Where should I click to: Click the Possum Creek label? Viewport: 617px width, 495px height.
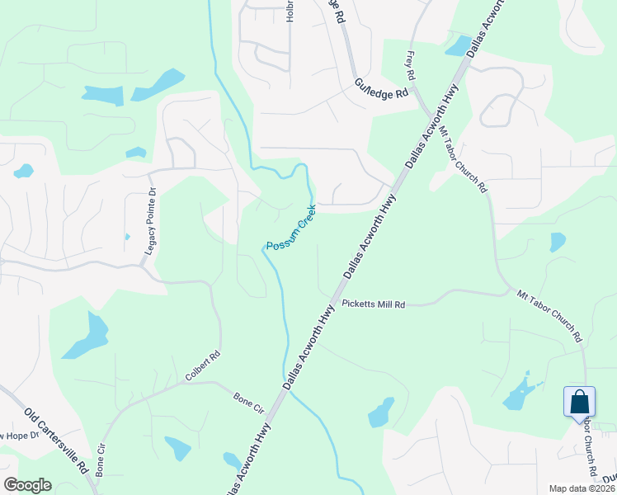pyautogui.click(x=290, y=228)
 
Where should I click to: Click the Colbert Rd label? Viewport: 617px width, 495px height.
pyautogui.click(x=202, y=366)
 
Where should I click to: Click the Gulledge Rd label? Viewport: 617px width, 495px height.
pyautogui.click(x=381, y=88)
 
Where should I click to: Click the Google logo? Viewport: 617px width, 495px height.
pyautogui.click(x=27, y=485)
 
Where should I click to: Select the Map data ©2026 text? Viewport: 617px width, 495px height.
pyautogui.click(x=581, y=488)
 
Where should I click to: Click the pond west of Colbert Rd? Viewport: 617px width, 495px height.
pyautogui.click(x=85, y=336)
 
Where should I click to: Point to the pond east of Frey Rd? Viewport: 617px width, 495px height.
pyautogui.click(x=458, y=45)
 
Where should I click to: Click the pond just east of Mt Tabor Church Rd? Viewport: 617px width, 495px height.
pyautogui.click(x=558, y=242)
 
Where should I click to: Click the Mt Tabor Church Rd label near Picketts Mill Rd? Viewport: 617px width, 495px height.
pyautogui.click(x=549, y=314)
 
